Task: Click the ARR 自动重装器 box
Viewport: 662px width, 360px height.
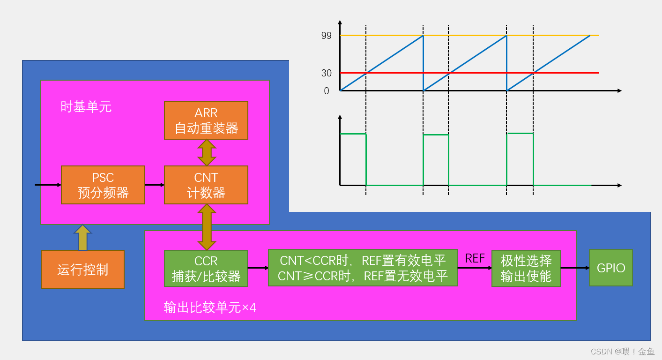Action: click(206, 120)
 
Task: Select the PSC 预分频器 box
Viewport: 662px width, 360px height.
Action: click(103, 185)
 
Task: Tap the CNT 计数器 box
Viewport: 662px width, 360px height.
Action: click(206, 185)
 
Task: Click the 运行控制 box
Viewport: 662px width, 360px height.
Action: click(83, 270)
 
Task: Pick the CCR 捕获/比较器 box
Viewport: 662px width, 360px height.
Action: click(206, 269)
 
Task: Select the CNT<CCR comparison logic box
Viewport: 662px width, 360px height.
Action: click(363, 268)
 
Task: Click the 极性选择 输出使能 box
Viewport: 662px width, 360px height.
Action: click(526, 268)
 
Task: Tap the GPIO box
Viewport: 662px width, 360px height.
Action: click(611, 268)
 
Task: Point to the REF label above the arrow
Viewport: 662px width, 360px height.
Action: click(475, 258)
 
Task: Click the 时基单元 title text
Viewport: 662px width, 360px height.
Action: click(86, 107)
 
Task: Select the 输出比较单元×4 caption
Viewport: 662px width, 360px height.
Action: click(210, 307)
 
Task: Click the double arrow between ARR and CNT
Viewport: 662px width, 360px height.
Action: click(207, 153)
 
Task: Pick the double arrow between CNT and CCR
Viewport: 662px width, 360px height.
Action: click(207, 227)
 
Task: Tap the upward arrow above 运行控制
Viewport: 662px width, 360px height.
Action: click(83, 237)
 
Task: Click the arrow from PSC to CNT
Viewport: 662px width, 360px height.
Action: click(155, 185)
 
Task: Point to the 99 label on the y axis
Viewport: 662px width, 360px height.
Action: click(327, 36)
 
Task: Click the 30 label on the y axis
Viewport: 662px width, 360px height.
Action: click(327, 73)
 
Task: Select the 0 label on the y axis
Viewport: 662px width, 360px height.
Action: click(327, 91)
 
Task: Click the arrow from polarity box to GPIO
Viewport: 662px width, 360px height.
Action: click(575, 268)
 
